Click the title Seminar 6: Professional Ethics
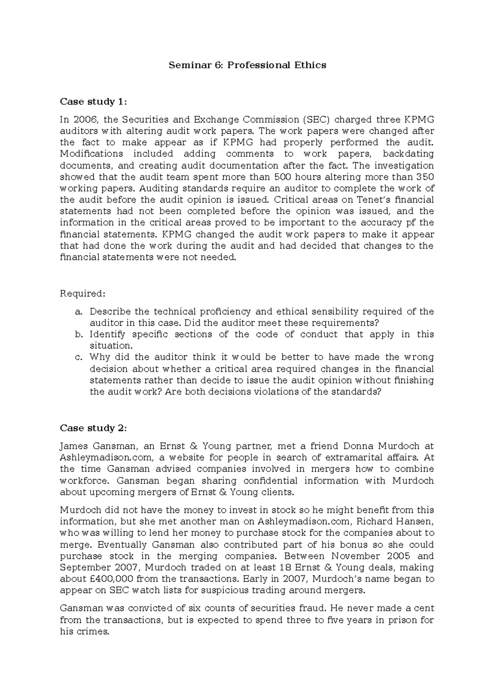click(247, 65)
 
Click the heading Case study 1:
click(93, 102)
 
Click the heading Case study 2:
click(93, 428)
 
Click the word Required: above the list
click(83, 294)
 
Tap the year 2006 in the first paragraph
click(85, 120)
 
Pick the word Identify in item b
click(107, 334)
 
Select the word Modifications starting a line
click(91, 154)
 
